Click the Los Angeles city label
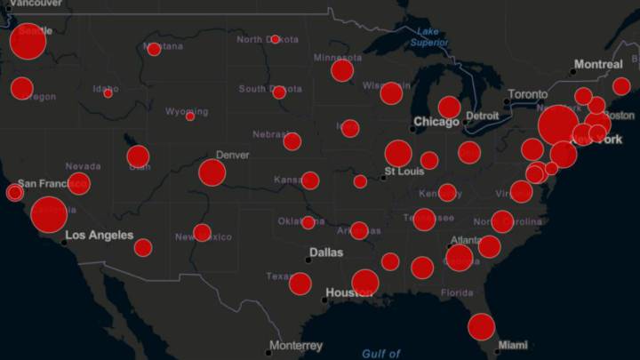(x=100, y=236)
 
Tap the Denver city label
(x=233, y=155)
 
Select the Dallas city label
(x=325, y=252)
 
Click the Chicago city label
(x=436, y=121)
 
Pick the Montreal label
(x=598, y=64)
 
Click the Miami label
(x=512, y=345)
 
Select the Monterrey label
(x=295, y=346)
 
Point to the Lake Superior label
(x=429, y=36)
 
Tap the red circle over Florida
(x=481, y=326)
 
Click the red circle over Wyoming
(x=189, y=116)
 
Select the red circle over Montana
(x=154, y=49)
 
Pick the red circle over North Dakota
(x=275, y=40)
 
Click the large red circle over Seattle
(x=28, y=42)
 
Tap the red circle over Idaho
(x=108, y=92)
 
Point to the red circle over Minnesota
(x=342, y=70)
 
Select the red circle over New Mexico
(x=202, y=233)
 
